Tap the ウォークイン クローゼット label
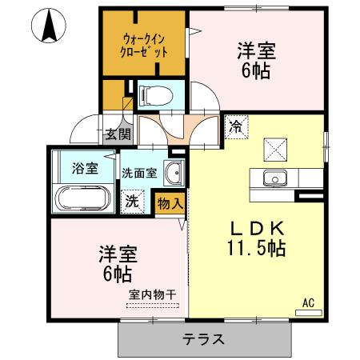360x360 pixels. pyautogui.click(x=146, y=44)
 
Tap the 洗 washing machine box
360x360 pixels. pyautogui.click(x=130, y=202)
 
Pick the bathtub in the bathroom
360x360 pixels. pyautogui.click(x=82, y=198)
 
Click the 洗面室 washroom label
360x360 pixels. pyautogui.click(x=140, y=171)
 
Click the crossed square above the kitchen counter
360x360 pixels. pyautogui.click(x=276, y=147)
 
